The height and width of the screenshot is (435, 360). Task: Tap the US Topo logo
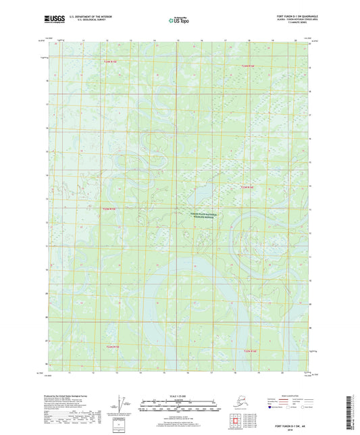179,22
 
